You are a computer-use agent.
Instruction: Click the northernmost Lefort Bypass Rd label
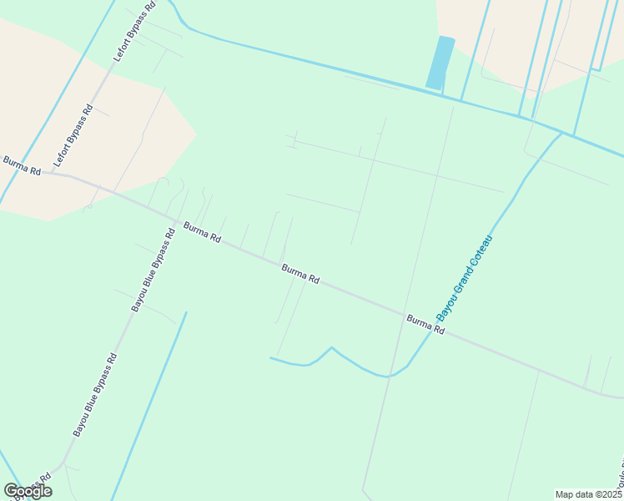(134, 33)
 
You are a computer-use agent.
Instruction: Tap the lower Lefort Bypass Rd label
(73, 134)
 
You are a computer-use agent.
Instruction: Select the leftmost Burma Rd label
(22, 164)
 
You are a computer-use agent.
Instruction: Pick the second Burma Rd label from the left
(202, 232)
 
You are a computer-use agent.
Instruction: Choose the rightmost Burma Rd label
(425, 325)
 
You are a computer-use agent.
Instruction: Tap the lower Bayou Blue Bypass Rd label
(94, 395)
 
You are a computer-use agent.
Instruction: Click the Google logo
(28, 491)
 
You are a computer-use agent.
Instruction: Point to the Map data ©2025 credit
(589, 494)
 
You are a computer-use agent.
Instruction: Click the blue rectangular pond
(440, 63)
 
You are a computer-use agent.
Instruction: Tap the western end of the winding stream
(271, 358)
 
